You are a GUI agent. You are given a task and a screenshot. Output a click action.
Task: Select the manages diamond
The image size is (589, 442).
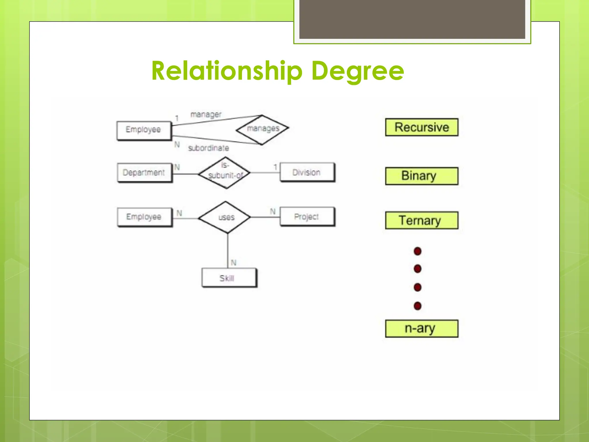coord(262,129)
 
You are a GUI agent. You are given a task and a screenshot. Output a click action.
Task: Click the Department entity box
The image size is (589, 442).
coord(144,173)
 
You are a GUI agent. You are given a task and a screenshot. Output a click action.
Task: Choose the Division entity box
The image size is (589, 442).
coord(307,172)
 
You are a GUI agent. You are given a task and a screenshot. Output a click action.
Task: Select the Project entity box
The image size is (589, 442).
coord(307,217)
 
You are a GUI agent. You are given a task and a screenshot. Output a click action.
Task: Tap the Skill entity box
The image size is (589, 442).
coord(229,278)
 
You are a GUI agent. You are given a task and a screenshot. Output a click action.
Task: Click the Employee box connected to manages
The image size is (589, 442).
coord(144,130)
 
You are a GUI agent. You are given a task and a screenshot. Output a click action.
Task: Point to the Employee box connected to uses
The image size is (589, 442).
coord(144,217)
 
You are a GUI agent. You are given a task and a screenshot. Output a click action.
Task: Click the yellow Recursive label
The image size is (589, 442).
coord(422,127)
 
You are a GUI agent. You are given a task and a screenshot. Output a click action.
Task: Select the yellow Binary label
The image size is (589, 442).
coord(422,176)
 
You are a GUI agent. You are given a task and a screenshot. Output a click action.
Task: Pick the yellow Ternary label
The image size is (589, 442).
coord(422,220)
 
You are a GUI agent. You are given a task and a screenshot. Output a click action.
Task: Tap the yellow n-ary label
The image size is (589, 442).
coord(422,328)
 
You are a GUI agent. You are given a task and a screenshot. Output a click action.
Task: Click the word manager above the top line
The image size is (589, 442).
coord(206,114)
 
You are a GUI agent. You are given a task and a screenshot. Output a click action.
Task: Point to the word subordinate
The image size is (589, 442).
coord(209,148)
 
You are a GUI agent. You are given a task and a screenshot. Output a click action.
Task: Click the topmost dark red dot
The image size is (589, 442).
coord(418,251)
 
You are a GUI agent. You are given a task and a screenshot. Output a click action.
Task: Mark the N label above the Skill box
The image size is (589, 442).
coord(234,262)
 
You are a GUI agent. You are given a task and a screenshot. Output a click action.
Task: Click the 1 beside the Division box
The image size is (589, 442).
coord(275,167)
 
